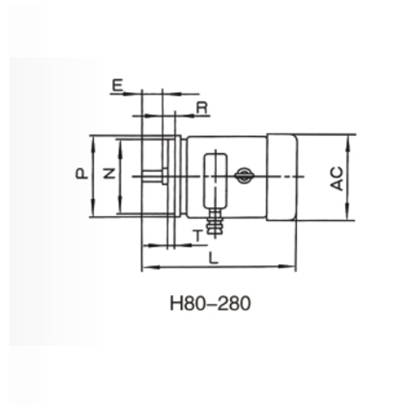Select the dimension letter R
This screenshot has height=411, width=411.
point(202,107)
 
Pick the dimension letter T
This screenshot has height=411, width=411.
point(198,236)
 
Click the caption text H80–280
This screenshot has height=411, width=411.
point(210,304)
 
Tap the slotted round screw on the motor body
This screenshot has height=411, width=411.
point(244,175)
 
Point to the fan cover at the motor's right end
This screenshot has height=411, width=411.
point(281,178)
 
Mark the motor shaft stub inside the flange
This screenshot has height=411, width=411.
point(154,176)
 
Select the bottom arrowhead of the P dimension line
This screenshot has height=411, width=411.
point(93,212)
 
